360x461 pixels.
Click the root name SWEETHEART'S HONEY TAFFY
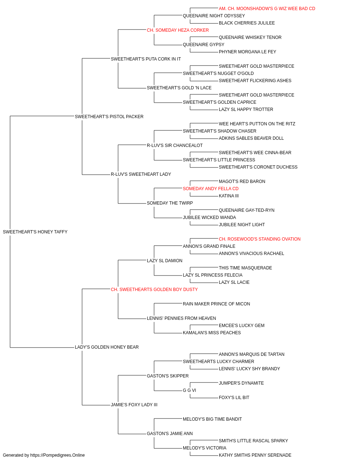(35, 232)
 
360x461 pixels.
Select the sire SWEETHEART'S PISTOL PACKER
(109, 117)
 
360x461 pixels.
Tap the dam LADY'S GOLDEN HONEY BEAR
(107, 347)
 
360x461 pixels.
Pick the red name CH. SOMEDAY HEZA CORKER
(178, 30)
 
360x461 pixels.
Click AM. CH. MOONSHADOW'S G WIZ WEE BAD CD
(267, 9)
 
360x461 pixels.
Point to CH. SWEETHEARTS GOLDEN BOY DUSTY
(154, 290)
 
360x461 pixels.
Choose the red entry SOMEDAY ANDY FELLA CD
(211, 189)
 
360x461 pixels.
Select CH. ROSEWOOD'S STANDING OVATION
(260, 239)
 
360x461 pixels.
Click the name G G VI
(189, 390)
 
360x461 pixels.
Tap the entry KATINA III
(229, 196)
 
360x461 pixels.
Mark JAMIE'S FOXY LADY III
(134, 405)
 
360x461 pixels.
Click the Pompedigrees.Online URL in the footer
(57, 455)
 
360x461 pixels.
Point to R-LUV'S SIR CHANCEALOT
(175, 146)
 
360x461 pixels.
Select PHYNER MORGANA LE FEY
(247, 52)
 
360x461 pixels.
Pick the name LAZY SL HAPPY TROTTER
(246, 109)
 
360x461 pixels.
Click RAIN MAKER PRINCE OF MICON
(216, 304)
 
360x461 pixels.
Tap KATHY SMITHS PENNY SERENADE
(255, 455)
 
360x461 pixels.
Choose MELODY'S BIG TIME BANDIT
(212, 419)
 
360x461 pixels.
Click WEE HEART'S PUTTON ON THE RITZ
(257, 124)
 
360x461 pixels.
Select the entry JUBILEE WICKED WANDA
(209, 218)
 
